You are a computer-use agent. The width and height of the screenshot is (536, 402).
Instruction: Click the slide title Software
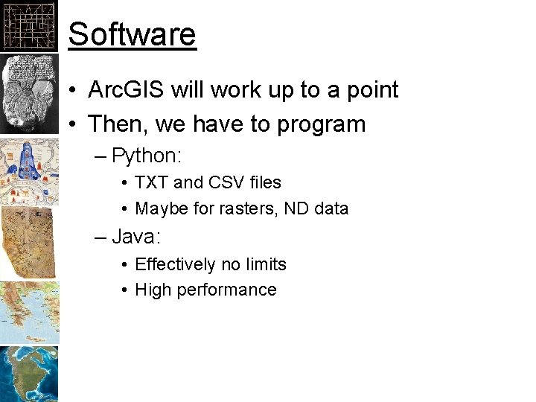tap(132, 34)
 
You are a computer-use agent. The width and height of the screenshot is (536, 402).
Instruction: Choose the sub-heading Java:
tap(137, 237)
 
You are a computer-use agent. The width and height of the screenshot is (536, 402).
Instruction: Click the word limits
tap(266, 265)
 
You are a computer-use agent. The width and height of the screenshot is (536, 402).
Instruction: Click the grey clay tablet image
tap(29, 93)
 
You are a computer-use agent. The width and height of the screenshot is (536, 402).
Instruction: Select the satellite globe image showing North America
tap(29, 374)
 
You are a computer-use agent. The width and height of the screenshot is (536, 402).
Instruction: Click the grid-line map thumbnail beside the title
tap(29, 26)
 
